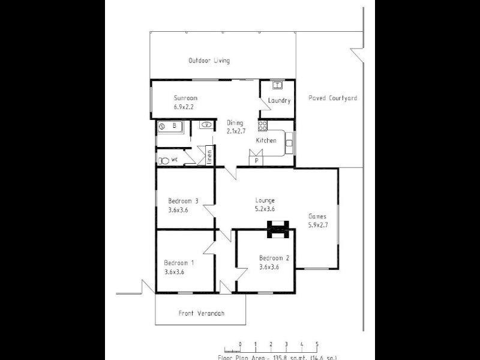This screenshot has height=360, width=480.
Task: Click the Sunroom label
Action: click(x=185, y=98)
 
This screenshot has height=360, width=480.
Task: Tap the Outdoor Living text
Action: click(x=209, y=61)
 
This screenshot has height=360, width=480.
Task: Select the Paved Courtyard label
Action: click(x=332, y=98)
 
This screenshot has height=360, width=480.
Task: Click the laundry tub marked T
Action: click(x=278, y=85)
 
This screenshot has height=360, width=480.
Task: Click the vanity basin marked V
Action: click(x=206, y=125)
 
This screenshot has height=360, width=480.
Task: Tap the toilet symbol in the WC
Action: click(x=164, y=160)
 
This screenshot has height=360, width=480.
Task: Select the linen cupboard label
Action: click(x=209, y=156)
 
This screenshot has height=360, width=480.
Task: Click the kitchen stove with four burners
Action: click(x=262, y=125)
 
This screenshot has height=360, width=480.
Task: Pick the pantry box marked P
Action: click(x=257, y=161)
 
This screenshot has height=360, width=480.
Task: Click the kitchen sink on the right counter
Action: click(x=289, y=143)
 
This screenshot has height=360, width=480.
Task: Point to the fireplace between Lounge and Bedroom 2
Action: click(x=277, y=227)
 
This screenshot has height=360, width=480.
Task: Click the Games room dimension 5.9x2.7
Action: click(x=317, y=225)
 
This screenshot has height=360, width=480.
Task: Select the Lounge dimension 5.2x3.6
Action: click(x=265, y=209)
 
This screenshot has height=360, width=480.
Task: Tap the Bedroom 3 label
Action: click(x=183, y=201)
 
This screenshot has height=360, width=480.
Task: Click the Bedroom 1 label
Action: click(x=179, y=262)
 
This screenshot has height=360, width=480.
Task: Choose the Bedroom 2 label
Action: click(x=274, y=258)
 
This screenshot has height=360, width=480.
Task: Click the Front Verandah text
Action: click(x=202, y=313)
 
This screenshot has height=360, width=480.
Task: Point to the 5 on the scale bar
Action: click(x=317, y=344)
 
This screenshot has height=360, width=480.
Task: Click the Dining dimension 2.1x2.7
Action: click(x=235, y=130)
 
